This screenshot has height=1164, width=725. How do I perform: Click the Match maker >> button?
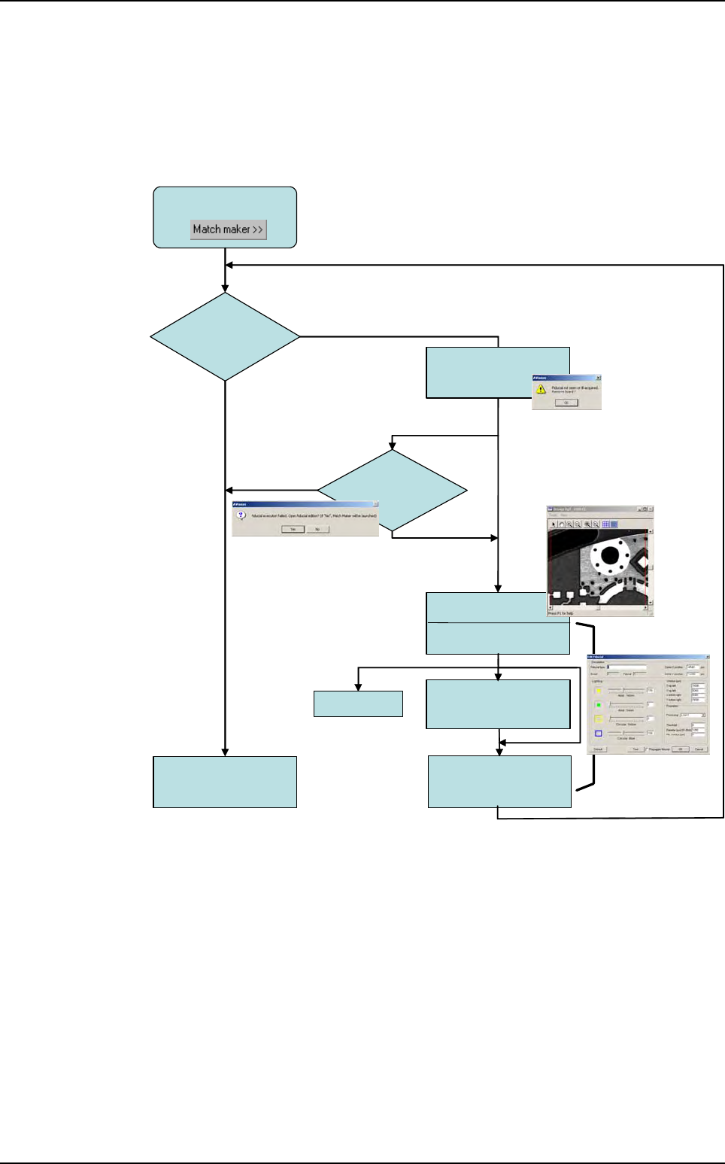click(x=228, y=229)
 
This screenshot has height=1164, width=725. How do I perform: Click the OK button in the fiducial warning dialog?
click(x=566, y=403)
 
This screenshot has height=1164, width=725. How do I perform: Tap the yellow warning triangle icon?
click(x=541, y=389)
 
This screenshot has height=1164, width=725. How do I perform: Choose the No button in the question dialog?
click(x=317, y=529)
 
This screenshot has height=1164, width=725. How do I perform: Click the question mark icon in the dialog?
click(x=241, y=516)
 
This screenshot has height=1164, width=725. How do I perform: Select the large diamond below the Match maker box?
click(x=225, y=336)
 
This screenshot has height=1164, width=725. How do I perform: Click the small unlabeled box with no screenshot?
click(x=358, y=704)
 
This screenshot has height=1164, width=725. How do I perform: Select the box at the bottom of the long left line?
click(x=225, y=782)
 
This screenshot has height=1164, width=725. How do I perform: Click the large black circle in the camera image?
click(x=610, y=556)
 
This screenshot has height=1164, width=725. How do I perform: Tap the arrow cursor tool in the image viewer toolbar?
click(x=553, y=524)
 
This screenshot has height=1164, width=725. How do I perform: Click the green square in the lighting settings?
click(x=599, y=705)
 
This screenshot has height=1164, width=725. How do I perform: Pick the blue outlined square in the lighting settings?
click(x=599, y=733)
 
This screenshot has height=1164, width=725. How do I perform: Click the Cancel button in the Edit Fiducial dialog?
click(x=699, y=749)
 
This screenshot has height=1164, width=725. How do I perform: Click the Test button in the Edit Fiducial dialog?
click(x=636, y=749)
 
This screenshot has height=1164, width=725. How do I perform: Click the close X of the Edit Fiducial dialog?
click(x=707, y=657)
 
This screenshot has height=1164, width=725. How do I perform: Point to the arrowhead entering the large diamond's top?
click(x=225, y=288)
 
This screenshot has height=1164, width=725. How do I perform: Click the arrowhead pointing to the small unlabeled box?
click(x=358, y=687)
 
